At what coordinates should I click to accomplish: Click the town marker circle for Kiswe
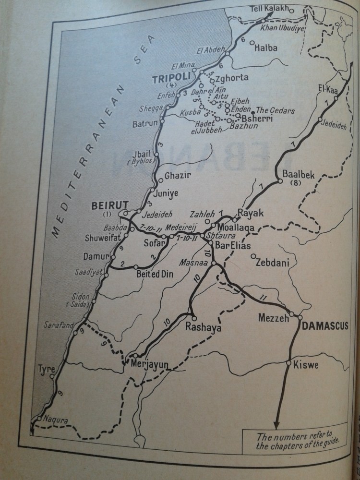point(288,364)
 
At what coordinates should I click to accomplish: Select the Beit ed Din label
point(155,275)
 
